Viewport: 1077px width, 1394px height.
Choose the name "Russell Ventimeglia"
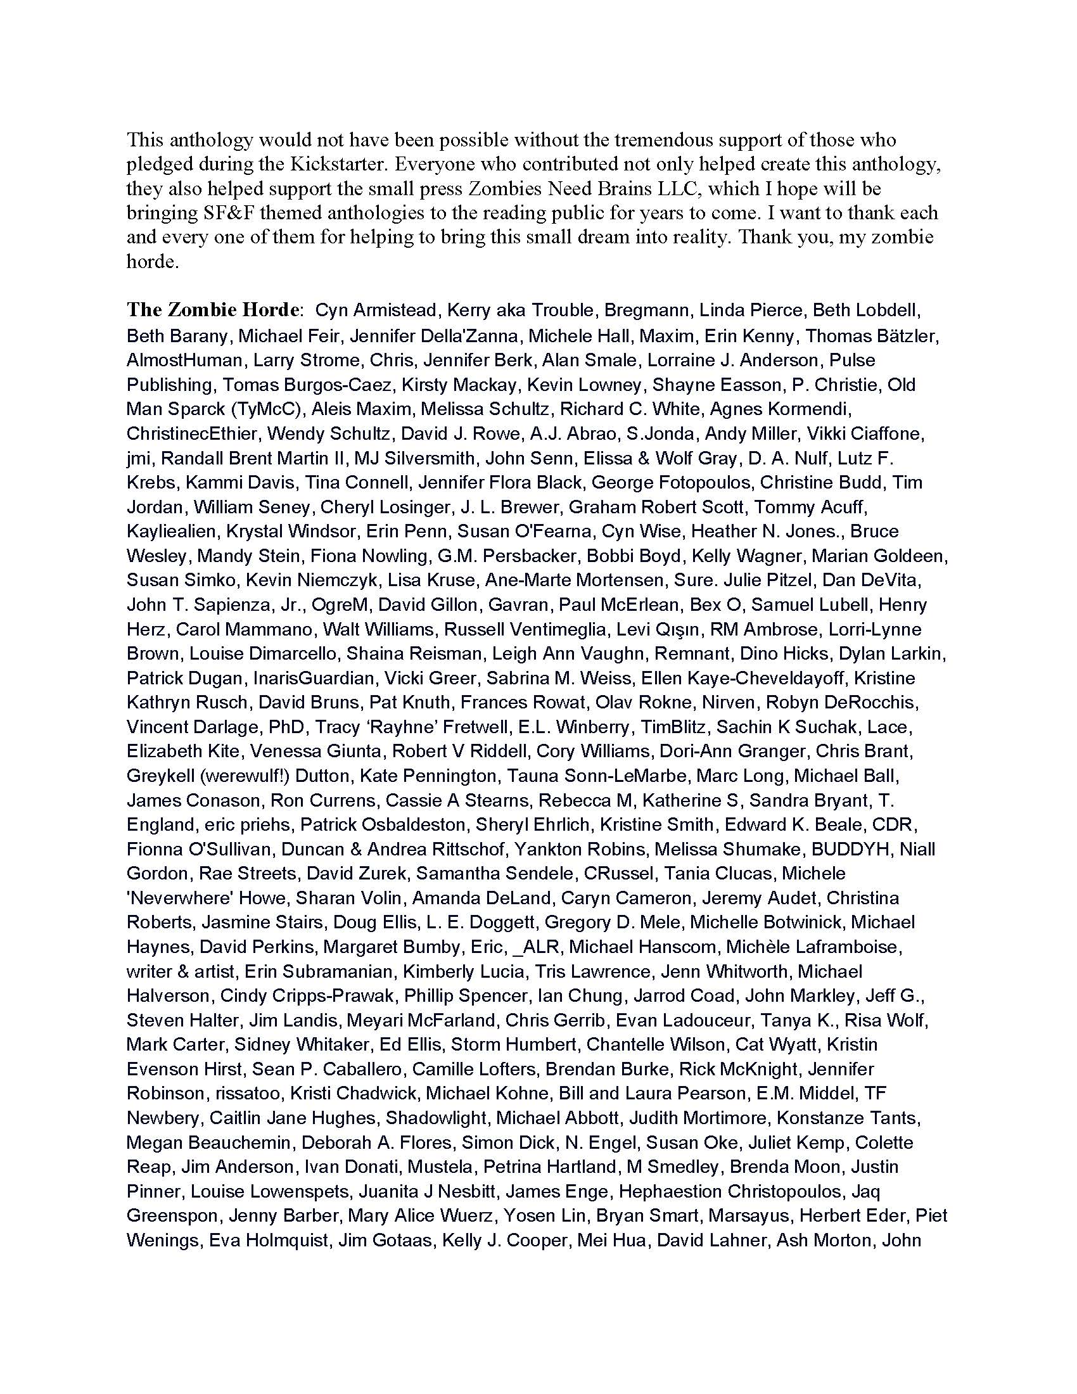click(x=525, y=629)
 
